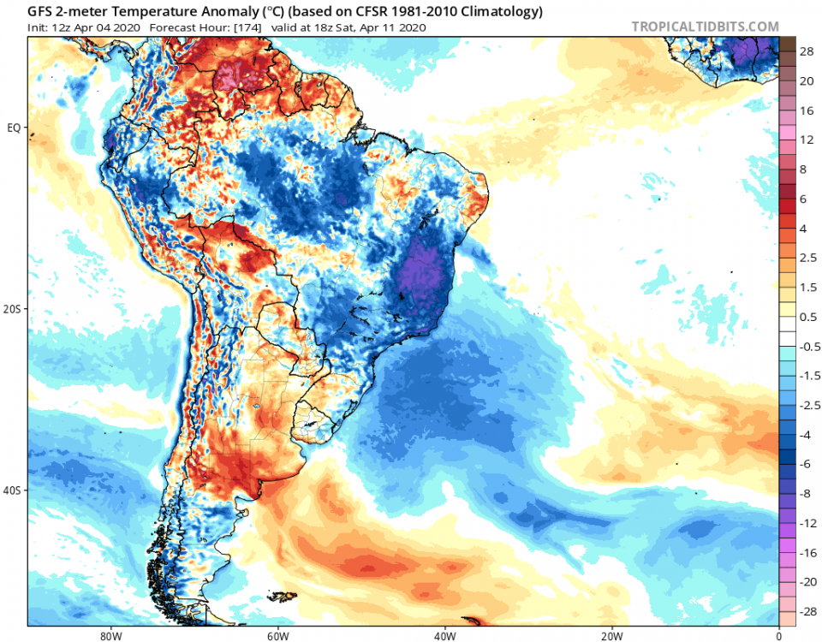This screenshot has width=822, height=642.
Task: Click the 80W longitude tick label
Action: tap(107, 636)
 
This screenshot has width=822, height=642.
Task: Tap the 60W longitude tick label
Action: tap(276, 636)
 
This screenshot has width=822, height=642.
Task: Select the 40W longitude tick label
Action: tap(444, 636)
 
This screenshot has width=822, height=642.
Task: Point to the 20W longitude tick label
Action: tap(611, 636)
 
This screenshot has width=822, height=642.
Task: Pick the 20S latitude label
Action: tap(13, 309)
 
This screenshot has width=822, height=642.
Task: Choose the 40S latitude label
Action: tap(13, 490)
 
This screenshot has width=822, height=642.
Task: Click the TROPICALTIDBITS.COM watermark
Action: tap(706, 27)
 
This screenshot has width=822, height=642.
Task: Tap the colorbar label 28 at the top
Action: tap(806, 52)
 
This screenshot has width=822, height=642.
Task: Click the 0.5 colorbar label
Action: tap(807, 317)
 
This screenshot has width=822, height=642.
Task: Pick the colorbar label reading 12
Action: tap(806, 140)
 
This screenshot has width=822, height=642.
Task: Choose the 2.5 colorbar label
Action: tap(807, 259)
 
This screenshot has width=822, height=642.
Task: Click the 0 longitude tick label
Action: tap(778, 636)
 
